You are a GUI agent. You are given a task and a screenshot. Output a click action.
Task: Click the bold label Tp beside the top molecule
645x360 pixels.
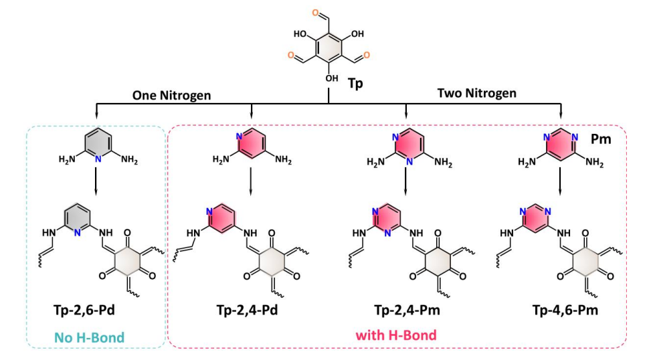[356, 84]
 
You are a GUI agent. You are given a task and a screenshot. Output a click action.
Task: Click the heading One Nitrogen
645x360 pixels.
[171, 96]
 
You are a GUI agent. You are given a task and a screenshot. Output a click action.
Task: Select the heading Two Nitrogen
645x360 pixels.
[477, 94]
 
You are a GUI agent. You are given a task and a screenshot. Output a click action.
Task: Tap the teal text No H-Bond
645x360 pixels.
[89, 337]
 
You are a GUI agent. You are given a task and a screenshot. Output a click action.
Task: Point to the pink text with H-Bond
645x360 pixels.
[395, 335]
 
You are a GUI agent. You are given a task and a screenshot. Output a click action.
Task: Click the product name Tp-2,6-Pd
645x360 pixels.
[84, 310]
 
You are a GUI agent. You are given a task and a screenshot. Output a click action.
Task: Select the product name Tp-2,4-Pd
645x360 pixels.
[247, 310]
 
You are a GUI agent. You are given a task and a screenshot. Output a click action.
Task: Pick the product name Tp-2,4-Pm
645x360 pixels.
[407, 310]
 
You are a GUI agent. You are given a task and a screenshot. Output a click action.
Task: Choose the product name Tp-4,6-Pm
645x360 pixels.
[565, 310]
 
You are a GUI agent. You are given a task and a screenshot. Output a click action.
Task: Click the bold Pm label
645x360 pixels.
[601, 139]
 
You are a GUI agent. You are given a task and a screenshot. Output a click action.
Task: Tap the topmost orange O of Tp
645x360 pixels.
[316, 13]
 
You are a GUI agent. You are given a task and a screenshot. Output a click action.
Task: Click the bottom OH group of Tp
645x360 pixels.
[332, 78]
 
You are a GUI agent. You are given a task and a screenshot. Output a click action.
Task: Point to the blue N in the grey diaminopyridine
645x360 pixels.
[98, 159]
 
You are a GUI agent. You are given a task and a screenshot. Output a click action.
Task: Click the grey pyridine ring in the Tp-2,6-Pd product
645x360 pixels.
[78, 219]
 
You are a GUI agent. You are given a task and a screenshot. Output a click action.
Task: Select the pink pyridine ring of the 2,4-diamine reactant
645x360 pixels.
[250, 143]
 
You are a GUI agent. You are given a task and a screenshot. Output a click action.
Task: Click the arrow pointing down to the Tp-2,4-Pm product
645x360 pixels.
[406, 181]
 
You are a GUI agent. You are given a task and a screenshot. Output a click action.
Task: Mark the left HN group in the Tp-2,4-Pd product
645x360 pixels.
[193, 234]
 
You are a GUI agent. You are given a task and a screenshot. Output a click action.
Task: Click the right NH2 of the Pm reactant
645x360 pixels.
[594, 163]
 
